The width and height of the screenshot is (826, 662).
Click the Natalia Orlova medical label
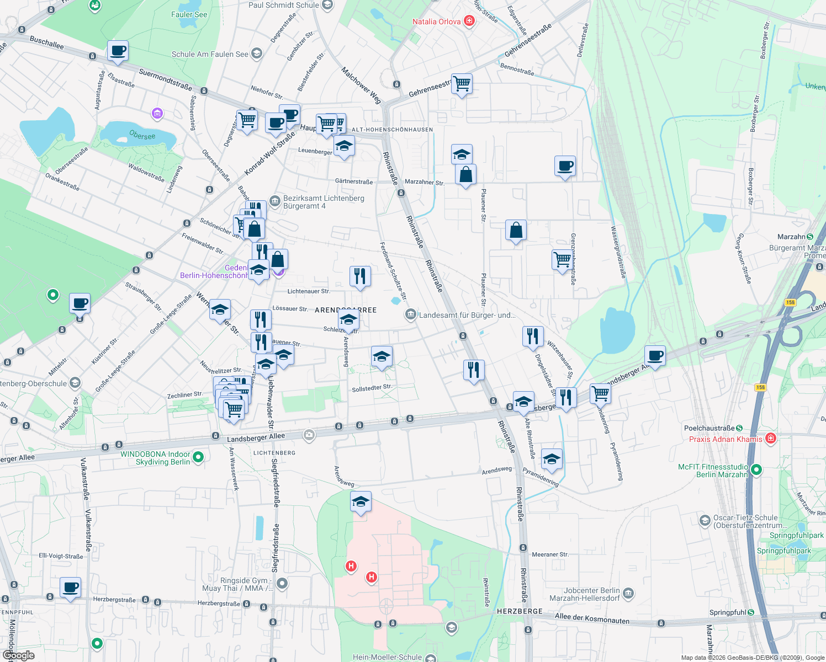437,22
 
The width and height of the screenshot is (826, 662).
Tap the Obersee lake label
142,135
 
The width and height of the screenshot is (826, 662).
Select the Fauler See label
189,14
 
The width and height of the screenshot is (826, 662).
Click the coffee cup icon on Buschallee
118,51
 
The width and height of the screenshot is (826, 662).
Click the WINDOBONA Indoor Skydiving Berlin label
155,458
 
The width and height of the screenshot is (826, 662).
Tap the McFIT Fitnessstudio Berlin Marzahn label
713,471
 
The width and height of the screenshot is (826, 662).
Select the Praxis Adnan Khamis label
726,439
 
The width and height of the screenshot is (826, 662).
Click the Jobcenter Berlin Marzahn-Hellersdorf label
585,594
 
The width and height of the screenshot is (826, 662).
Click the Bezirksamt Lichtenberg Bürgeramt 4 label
324,202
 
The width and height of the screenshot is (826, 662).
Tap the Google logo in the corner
19,655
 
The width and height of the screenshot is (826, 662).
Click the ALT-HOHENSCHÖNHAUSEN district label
392,130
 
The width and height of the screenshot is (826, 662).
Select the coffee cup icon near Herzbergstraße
71,588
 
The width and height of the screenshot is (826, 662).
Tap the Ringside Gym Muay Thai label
244,584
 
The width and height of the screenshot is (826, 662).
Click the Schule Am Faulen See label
210,54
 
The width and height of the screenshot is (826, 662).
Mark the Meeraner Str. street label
550,554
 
